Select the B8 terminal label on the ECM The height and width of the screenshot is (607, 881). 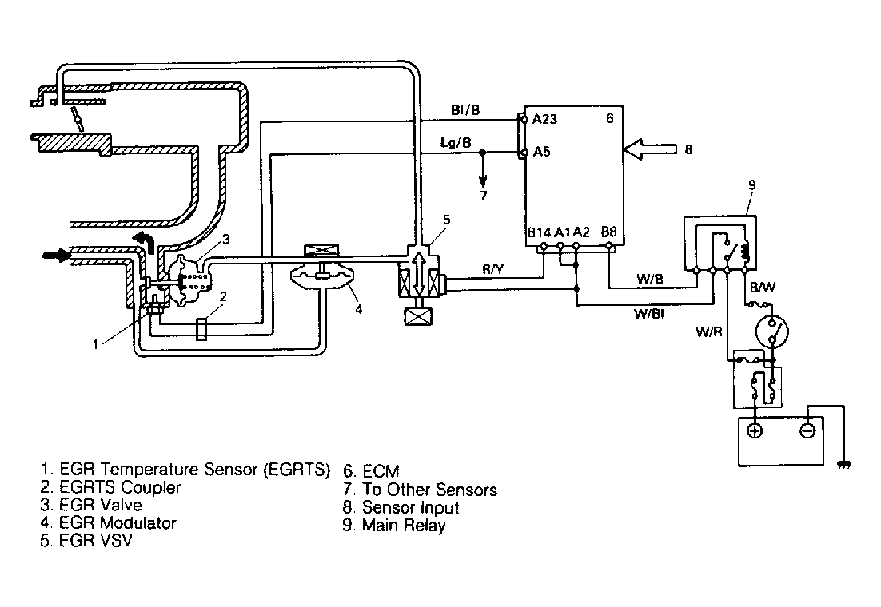(x=608, y=232)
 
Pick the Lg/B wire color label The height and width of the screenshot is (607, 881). (x=456, y=142)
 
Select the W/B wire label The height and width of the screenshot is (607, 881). (x=648, y=278)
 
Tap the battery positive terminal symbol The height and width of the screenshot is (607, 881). (x=754, y=430)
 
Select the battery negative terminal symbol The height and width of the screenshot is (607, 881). (x=807, y=430)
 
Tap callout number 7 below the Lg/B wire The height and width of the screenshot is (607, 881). (x=481, y=195)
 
